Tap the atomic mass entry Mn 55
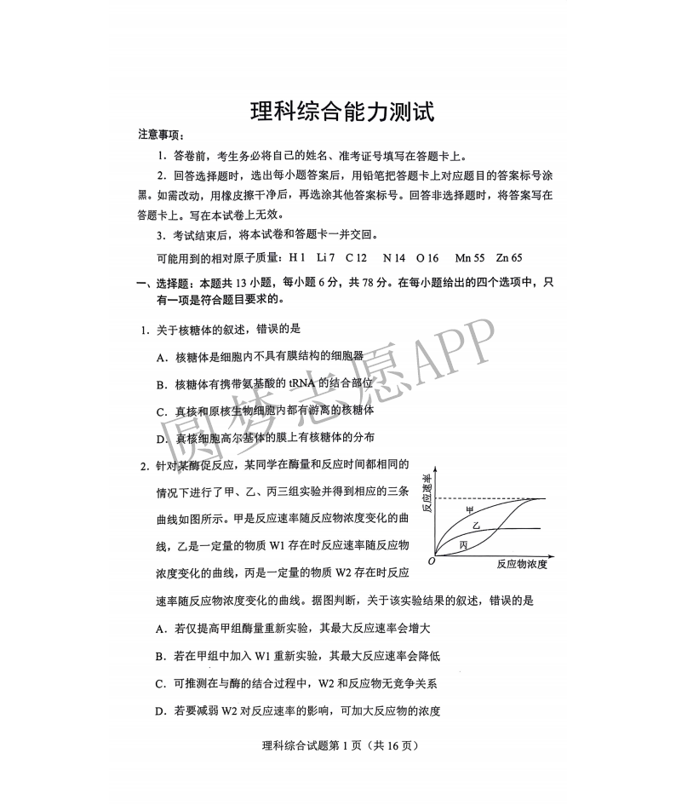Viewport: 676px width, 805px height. coord(470,257)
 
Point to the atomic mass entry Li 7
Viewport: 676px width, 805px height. coord(325,257)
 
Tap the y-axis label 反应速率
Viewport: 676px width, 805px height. coord(427,494)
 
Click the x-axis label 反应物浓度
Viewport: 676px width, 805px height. coord(521,564)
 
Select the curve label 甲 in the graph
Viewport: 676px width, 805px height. coord(469,509)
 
